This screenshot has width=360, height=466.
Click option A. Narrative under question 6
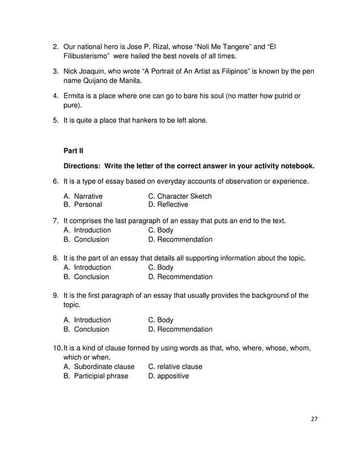(84, 196)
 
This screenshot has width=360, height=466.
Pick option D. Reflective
(168, 205)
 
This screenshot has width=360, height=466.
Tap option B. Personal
(83, 205)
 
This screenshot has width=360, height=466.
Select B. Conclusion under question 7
(86, 239)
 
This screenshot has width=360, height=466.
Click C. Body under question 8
(160, 267)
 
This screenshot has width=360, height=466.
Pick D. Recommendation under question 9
(180, 329)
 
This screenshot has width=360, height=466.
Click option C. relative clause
(175, 367)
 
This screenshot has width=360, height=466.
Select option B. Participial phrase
(96, 376)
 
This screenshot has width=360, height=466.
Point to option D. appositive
(168, 376)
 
